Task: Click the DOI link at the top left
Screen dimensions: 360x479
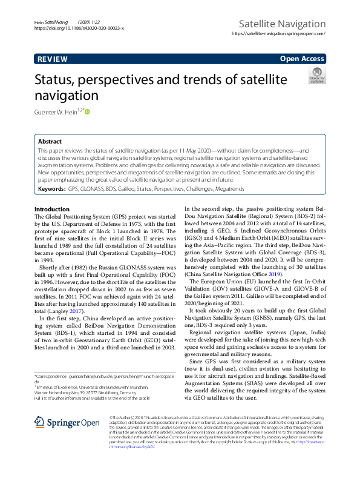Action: click(x=79, y=28)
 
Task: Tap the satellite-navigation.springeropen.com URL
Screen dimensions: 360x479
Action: click(x=279, y=35)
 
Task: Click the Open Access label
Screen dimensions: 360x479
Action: click(x=303, y=59)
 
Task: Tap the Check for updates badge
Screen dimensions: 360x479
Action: click(x=316, y=77)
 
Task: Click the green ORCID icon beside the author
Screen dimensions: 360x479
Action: click(x=87, y=111)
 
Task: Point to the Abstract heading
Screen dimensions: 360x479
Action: click(x=50, y=140)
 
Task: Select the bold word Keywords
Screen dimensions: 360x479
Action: click(x=51, y=189)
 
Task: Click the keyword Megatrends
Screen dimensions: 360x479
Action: click(x=228, y=189)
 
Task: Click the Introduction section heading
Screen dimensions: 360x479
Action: click(x=52, y=209)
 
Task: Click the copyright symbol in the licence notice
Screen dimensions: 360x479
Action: click(x=110, y=417)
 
